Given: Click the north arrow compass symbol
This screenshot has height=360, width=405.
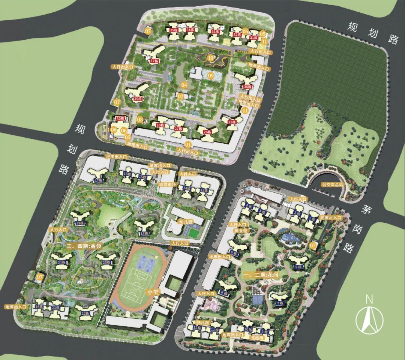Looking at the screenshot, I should click(370, 318).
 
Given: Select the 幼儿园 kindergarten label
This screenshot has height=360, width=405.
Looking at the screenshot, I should click(185, 221).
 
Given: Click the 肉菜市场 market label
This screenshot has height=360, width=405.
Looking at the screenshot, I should click(168, 184).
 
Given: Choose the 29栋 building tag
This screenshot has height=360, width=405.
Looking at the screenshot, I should click(137, 99).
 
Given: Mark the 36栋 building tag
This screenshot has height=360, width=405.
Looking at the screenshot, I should click(247, 87).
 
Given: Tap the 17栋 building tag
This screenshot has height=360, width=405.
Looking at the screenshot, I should click(99, 180).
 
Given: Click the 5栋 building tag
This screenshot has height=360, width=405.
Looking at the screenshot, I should click(298, 267).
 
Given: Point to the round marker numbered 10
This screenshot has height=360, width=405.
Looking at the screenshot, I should click(211, 58).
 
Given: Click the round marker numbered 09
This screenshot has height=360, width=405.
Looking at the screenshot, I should click(211, 76).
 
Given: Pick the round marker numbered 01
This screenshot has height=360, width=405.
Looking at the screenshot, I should click(188, 144).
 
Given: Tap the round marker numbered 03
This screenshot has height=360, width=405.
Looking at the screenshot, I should click(140, 119).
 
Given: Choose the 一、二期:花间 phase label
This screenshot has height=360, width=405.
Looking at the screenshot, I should click(261, 275).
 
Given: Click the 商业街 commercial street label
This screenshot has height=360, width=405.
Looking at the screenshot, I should click(239, 231).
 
